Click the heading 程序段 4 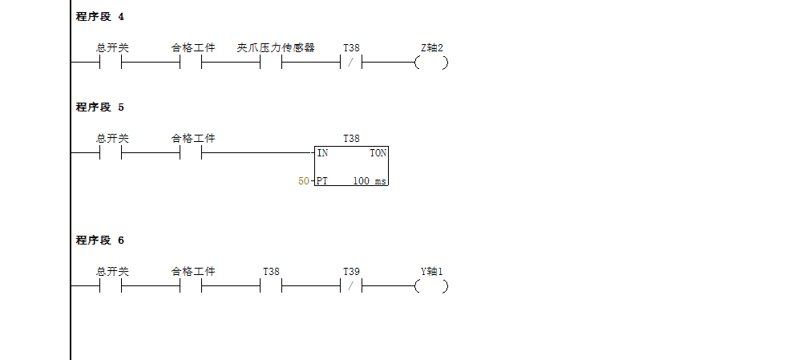100,17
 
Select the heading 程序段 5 100,107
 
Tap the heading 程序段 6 100,241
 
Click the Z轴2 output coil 431,63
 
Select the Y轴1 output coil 431,286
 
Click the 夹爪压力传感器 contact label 276,48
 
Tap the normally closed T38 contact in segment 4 351,63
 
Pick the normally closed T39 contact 351,286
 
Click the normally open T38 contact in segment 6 271,286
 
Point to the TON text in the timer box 378,152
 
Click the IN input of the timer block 322,152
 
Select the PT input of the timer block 322,181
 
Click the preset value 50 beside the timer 303,181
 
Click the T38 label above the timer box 351,139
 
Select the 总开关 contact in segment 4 111,63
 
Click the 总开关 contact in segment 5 111,152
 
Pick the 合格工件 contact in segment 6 191,286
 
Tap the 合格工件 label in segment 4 193,48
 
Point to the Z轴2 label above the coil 432,48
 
